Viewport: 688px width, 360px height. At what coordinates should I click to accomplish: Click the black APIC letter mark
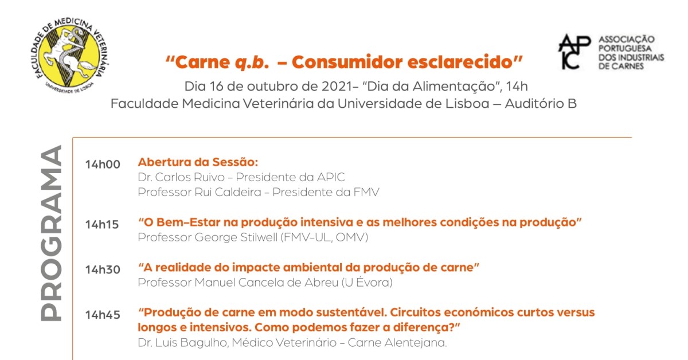pyautogui.click(x=574, y=52)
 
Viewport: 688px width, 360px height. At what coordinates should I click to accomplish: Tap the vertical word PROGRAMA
pyautogui.click(x=51, y=233)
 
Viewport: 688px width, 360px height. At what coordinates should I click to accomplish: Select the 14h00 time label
pyautogui.click(x=103, y=165)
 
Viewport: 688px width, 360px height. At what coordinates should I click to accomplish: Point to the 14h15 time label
pyautogui.click(x=102, y=225)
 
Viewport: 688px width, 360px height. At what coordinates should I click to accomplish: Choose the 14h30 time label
pyautogui.click(x=103, y=270)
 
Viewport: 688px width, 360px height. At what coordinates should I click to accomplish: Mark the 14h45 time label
pyautogui.click(x=103, y=315)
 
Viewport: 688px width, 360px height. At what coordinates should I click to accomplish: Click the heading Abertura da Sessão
pyautogui.click(x=198, y=162)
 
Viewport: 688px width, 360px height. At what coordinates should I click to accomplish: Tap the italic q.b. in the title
pyautogui.click(x=252, y=62)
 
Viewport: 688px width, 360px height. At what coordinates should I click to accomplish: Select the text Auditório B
pyautogui.click(x=541, y=104)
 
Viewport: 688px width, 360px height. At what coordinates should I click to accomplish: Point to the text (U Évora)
pyautogui.click(x=367, y=282)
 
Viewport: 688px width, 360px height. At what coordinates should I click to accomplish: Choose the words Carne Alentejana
pyautogui.click(x=397, y=343)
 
